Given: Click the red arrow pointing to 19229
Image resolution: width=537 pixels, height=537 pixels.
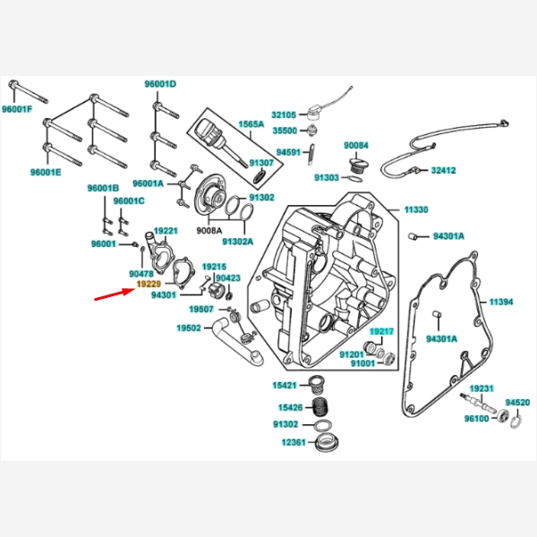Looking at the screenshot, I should coord(112,293).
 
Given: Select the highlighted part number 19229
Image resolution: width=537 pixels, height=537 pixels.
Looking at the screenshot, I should coord(149,282).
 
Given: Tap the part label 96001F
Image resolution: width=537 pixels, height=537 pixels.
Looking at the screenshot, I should coord(16,109).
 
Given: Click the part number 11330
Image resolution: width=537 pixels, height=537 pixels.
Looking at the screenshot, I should coord(415,209).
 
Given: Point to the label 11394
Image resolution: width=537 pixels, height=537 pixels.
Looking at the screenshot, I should coord(500,302).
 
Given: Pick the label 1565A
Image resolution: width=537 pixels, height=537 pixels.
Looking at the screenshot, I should coord(251,125).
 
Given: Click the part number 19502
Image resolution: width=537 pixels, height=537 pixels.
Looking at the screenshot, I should coord(188,328).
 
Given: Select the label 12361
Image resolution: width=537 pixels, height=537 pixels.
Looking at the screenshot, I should coord(294,442).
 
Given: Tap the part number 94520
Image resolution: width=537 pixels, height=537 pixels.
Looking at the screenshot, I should coord(517,403).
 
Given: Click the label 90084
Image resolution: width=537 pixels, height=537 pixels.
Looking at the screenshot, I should coord(356,145).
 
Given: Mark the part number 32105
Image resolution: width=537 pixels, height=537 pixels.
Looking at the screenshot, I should coord(284,115).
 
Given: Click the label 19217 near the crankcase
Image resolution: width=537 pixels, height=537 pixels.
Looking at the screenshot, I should coord(381,331).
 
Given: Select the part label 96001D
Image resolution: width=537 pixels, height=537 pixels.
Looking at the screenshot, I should coord(160,84).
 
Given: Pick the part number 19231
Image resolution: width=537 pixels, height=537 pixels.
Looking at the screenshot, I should coord(482,388).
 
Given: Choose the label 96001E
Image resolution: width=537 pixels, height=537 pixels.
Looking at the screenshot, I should coord(45,172).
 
